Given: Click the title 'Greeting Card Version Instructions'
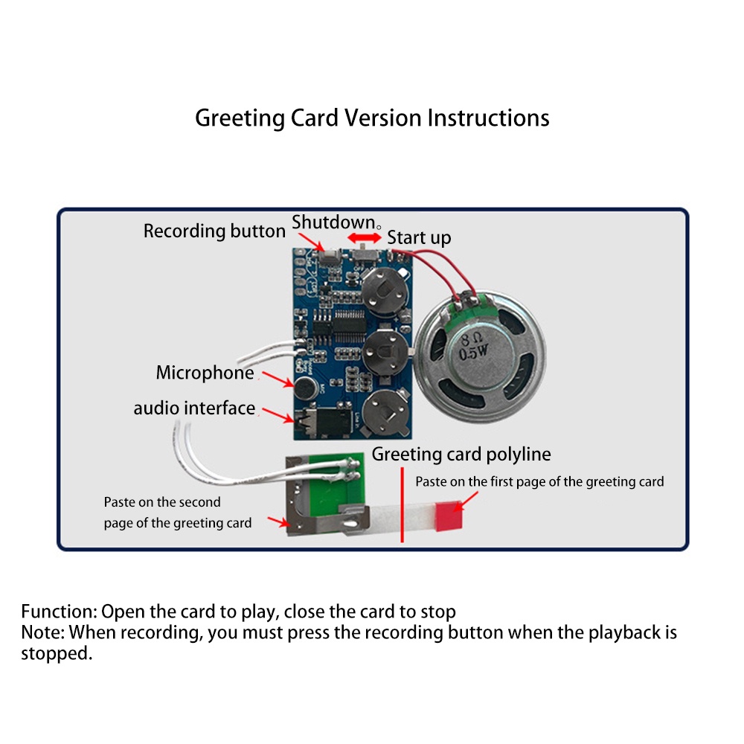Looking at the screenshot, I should pyautogui.click(x=372, y=118).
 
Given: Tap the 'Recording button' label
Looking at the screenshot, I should pyautogui.click(x=214, y=231).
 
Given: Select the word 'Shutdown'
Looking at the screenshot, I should pyautogui.click(x=333, y=222).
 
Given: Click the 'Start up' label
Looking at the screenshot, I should pyautogui.click(x=419, y=238).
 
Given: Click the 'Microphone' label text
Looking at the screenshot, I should pyautogui.click(x=205, y=373).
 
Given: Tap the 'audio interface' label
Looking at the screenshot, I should pyautogui.click(x=194, y=408).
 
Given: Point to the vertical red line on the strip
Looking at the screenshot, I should pyautogui.click(x=402, y=505).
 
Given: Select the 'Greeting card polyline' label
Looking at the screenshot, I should pyautogui.click(x=461, y=454).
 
